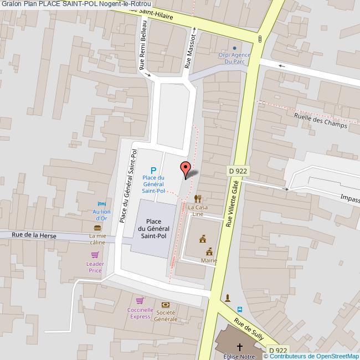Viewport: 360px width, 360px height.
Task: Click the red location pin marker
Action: point(186,168)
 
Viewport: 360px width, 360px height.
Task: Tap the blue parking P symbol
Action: point(154,171)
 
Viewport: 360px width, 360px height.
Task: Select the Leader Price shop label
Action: point(95,267)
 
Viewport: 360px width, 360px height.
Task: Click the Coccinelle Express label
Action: point(140,313)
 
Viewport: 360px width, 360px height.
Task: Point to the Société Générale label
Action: point(166,316)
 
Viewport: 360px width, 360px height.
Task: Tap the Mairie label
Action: point(209,260)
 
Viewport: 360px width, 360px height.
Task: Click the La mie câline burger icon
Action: point(98,228)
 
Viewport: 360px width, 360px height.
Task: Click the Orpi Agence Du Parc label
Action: point(234,58)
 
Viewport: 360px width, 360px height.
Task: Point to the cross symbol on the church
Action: point(240,347)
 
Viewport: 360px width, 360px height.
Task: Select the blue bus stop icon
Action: point(240,310)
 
